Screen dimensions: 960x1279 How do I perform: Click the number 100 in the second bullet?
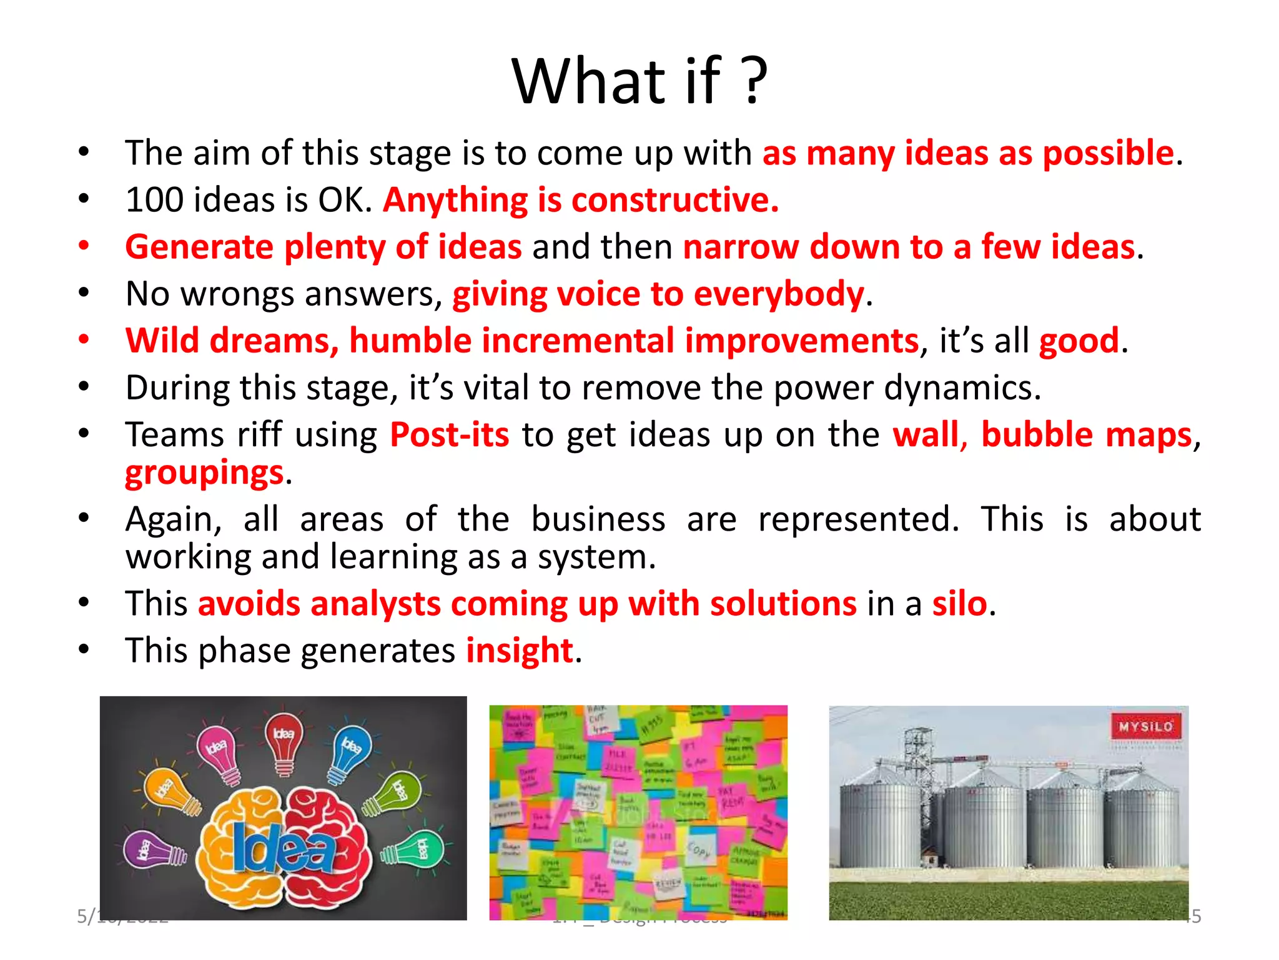[x=153, y=201]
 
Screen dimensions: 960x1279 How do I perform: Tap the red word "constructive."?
[x=675, y=201]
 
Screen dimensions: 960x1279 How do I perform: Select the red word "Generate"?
[x=199, y=247]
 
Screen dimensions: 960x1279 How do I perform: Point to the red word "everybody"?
[x=779, y=294]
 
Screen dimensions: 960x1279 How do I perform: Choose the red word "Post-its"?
[x=449, y=435]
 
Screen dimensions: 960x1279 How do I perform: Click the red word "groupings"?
[x=204, y=473]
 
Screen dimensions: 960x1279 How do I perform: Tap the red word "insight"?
[x=520, y=651]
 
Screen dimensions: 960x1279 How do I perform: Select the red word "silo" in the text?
[x=959, y=604]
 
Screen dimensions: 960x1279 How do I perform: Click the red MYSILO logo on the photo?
[x=1145, y=727]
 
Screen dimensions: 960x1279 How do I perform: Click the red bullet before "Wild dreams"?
[x=84, y=340]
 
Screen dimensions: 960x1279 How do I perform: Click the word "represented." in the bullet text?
[x=858, y=519]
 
